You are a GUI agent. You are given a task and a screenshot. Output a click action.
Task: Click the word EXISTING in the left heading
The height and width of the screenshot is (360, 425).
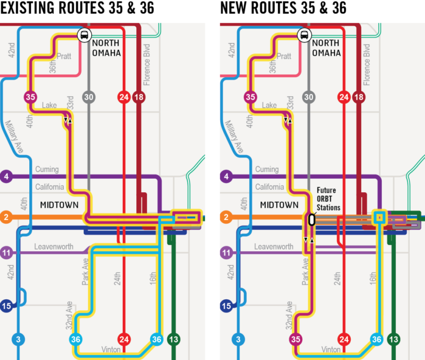[28, 7]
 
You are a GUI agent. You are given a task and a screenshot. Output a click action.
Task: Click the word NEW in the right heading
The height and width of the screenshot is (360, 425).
[233, 7]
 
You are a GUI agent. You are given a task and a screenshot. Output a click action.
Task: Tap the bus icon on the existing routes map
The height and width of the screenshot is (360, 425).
[85, 35]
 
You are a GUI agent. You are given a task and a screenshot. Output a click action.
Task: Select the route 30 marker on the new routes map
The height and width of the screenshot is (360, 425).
[309, 97]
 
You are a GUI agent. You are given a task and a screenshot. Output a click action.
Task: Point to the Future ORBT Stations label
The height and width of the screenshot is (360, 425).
[328, 199]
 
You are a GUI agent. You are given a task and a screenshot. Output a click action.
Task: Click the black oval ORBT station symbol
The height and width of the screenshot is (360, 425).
[312, 220]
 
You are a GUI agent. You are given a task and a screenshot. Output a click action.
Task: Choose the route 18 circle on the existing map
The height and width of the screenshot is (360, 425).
[139, 97]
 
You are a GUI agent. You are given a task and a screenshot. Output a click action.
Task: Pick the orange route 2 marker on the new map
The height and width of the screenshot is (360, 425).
[226, 217]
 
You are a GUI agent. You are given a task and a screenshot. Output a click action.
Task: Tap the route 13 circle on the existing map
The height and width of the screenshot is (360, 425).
[173, 339]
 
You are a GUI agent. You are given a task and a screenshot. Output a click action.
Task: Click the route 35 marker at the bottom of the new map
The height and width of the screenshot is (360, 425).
[295, 339]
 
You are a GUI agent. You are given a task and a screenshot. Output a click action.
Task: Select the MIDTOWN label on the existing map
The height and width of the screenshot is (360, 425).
[60, 205]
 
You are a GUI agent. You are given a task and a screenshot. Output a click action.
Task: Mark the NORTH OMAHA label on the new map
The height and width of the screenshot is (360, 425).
[327, 48]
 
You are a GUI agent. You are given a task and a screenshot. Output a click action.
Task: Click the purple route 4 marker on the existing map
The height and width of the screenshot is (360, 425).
[6, 176]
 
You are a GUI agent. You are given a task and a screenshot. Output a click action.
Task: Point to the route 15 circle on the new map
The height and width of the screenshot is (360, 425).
[227, 306]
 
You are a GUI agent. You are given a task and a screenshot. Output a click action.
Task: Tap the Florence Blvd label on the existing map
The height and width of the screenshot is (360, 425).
[147, 65]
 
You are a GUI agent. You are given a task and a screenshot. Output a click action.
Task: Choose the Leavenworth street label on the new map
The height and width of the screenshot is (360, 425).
[274, 247]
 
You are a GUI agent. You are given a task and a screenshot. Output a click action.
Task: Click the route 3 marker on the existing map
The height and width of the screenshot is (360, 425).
[18, 339]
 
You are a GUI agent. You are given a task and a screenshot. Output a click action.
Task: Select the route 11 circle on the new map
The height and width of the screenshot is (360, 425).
[226, 253]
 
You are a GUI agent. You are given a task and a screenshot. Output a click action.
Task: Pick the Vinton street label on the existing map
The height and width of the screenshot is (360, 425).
[111, 350]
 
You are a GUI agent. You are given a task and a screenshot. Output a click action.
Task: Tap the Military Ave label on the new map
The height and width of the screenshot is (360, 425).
[234, 137]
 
